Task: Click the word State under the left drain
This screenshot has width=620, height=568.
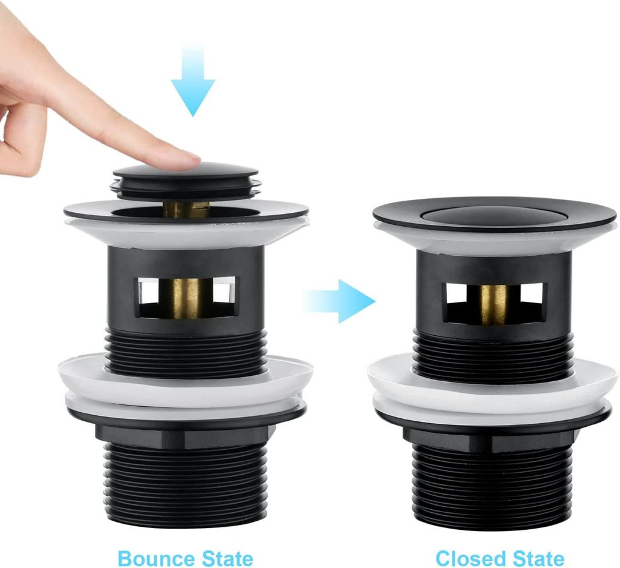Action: tap(228, 558)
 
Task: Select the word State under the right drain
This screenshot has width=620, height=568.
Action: tap(538, 558)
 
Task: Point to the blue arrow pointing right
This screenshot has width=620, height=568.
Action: tap(339, 301)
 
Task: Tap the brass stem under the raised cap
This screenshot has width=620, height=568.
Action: tap(186, 210)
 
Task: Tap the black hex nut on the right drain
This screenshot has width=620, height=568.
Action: tap(493, 432)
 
